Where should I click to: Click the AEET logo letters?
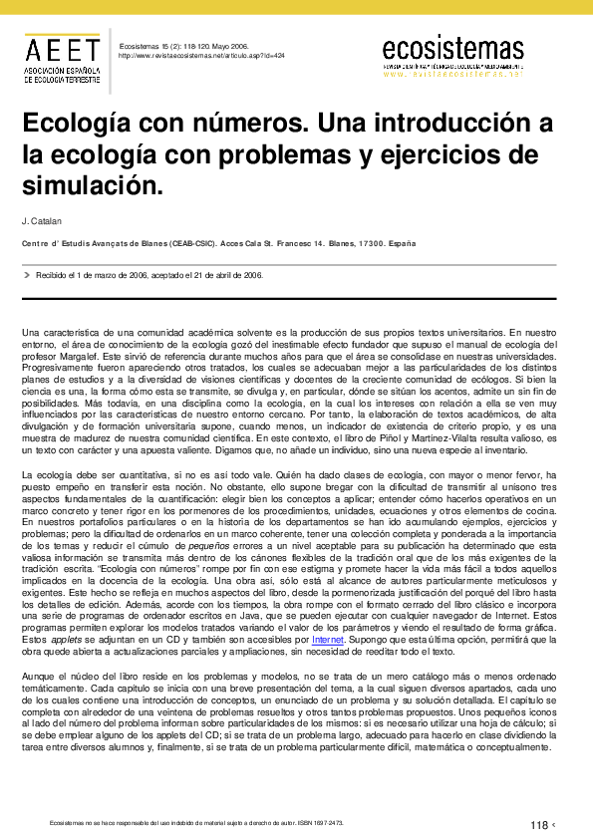(x=62, y=49)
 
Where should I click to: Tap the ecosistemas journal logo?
(x=452, y=48)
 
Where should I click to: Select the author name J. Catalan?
(x=40, y=220)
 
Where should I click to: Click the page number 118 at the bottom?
(x=539, y=824)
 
